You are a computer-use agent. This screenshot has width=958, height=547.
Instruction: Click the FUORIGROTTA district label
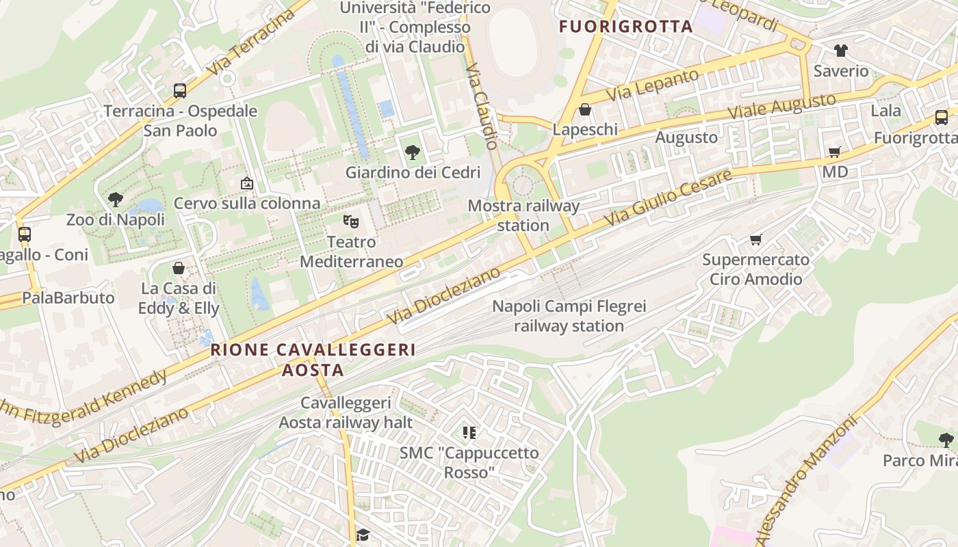[x=626, y=27]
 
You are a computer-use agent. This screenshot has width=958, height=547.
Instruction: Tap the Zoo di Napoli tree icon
[x=116, y=200]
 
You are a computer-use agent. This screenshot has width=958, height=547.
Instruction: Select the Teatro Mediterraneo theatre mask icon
[x=351, y=221]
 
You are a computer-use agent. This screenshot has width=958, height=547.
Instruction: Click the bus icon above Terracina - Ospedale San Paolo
[x=180, y=90]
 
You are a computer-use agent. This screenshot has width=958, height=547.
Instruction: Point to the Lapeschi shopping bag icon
[x=585, y=109]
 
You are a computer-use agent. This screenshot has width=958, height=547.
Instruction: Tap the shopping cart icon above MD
[x=834, y=152]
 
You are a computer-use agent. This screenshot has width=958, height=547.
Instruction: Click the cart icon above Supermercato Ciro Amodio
[x=756, y=239]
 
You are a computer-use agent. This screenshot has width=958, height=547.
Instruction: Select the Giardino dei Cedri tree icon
[x=412, y=152]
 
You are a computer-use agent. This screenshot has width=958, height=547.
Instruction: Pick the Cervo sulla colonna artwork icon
[x=247, y=183]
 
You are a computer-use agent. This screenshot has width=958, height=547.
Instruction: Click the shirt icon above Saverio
[x=840, y=51]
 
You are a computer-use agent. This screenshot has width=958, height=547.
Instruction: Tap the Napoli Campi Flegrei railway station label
[x=569, y=316]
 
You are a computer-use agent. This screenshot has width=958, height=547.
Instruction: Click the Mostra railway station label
[x=523, y=215]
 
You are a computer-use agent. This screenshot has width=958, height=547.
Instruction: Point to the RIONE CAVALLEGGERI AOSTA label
[x=313, y=360]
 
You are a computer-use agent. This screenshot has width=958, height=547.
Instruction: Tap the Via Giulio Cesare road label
[x=667, y=198]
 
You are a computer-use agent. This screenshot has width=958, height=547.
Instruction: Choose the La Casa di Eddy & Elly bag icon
[x=179, y=268]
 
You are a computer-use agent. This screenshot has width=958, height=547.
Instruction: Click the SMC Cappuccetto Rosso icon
[x=469, y=432]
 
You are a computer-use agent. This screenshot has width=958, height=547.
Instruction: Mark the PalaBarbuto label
[x=68, y=298]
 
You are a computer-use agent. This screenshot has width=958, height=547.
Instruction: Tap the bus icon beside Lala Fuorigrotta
[x=942, y=117]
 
